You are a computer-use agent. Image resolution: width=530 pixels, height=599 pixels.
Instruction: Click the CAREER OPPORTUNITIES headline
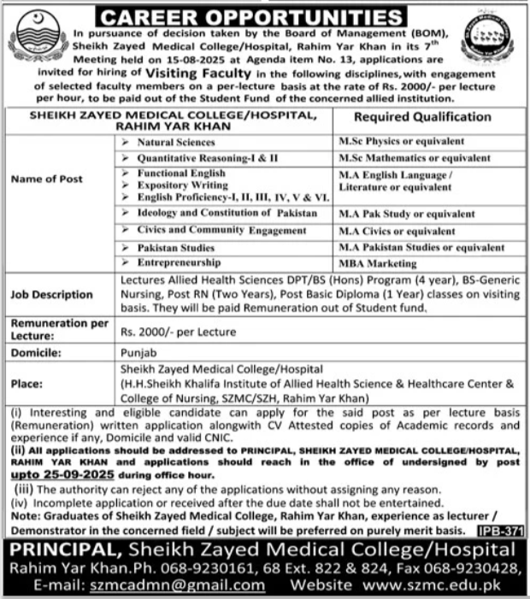[265, 16]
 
